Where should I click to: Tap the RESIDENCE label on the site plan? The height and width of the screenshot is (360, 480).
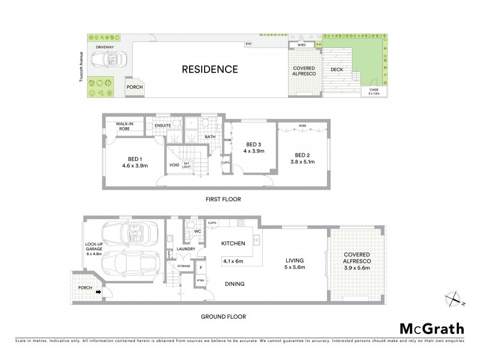click(209, 69)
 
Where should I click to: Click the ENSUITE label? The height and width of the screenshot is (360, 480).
click(163, 125)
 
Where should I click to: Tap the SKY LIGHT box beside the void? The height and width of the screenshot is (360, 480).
click(187, 165)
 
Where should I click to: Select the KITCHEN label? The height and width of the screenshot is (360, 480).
click(232, 244)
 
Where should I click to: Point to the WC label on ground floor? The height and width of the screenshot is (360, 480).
click(197, 233)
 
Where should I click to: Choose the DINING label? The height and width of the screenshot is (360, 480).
click(234, 284)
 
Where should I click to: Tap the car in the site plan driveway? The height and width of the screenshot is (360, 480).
click(107, 60)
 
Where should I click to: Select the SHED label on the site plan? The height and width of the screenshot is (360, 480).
click(302, 44)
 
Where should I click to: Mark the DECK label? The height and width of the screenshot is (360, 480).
click(337, 70)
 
